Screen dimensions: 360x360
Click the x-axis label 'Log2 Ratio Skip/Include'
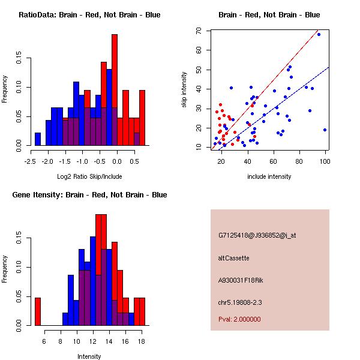(x=89, y=176)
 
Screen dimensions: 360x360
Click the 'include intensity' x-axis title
(x=269, y=176)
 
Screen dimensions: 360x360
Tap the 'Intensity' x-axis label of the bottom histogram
(x=89, y=356)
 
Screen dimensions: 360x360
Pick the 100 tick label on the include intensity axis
(x=325, y=161)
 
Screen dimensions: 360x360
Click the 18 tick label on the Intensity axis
(x=142, y=341)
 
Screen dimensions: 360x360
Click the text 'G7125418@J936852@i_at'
(x=257, y=235)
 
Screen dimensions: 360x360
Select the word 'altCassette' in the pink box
(x=233, y=258)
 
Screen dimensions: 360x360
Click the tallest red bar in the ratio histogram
(x=115, y=90)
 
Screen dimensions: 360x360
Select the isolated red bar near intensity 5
(x=38, y=311)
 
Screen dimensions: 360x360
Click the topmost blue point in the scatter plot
(x=319, y=34)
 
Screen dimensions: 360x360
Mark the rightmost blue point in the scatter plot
(x=325, y=130)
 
